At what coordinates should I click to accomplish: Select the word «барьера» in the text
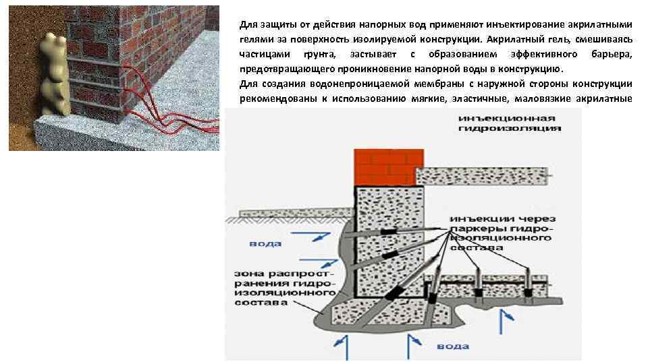click(x=612, y=53)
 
